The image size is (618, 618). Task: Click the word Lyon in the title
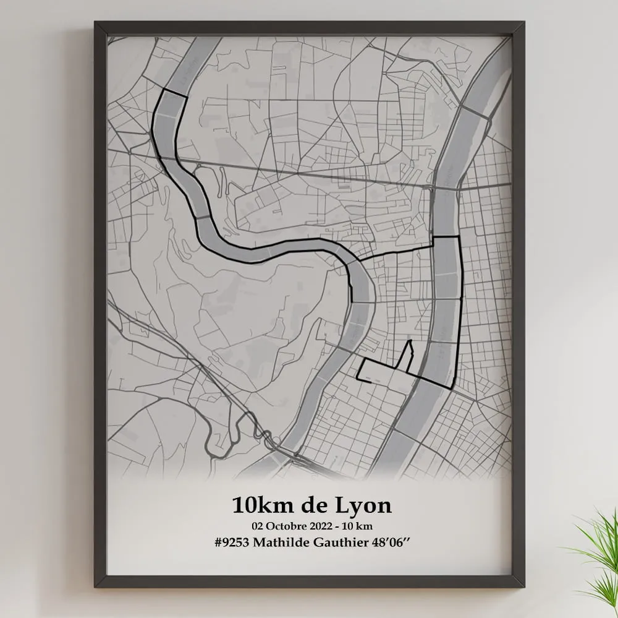tap(363, 505)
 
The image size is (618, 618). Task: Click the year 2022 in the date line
tap(328, 525)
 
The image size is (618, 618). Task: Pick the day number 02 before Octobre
tap(258, 525)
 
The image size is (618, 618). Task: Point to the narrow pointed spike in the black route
tap(408, 341)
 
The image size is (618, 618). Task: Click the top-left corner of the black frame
tap(96, 24)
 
